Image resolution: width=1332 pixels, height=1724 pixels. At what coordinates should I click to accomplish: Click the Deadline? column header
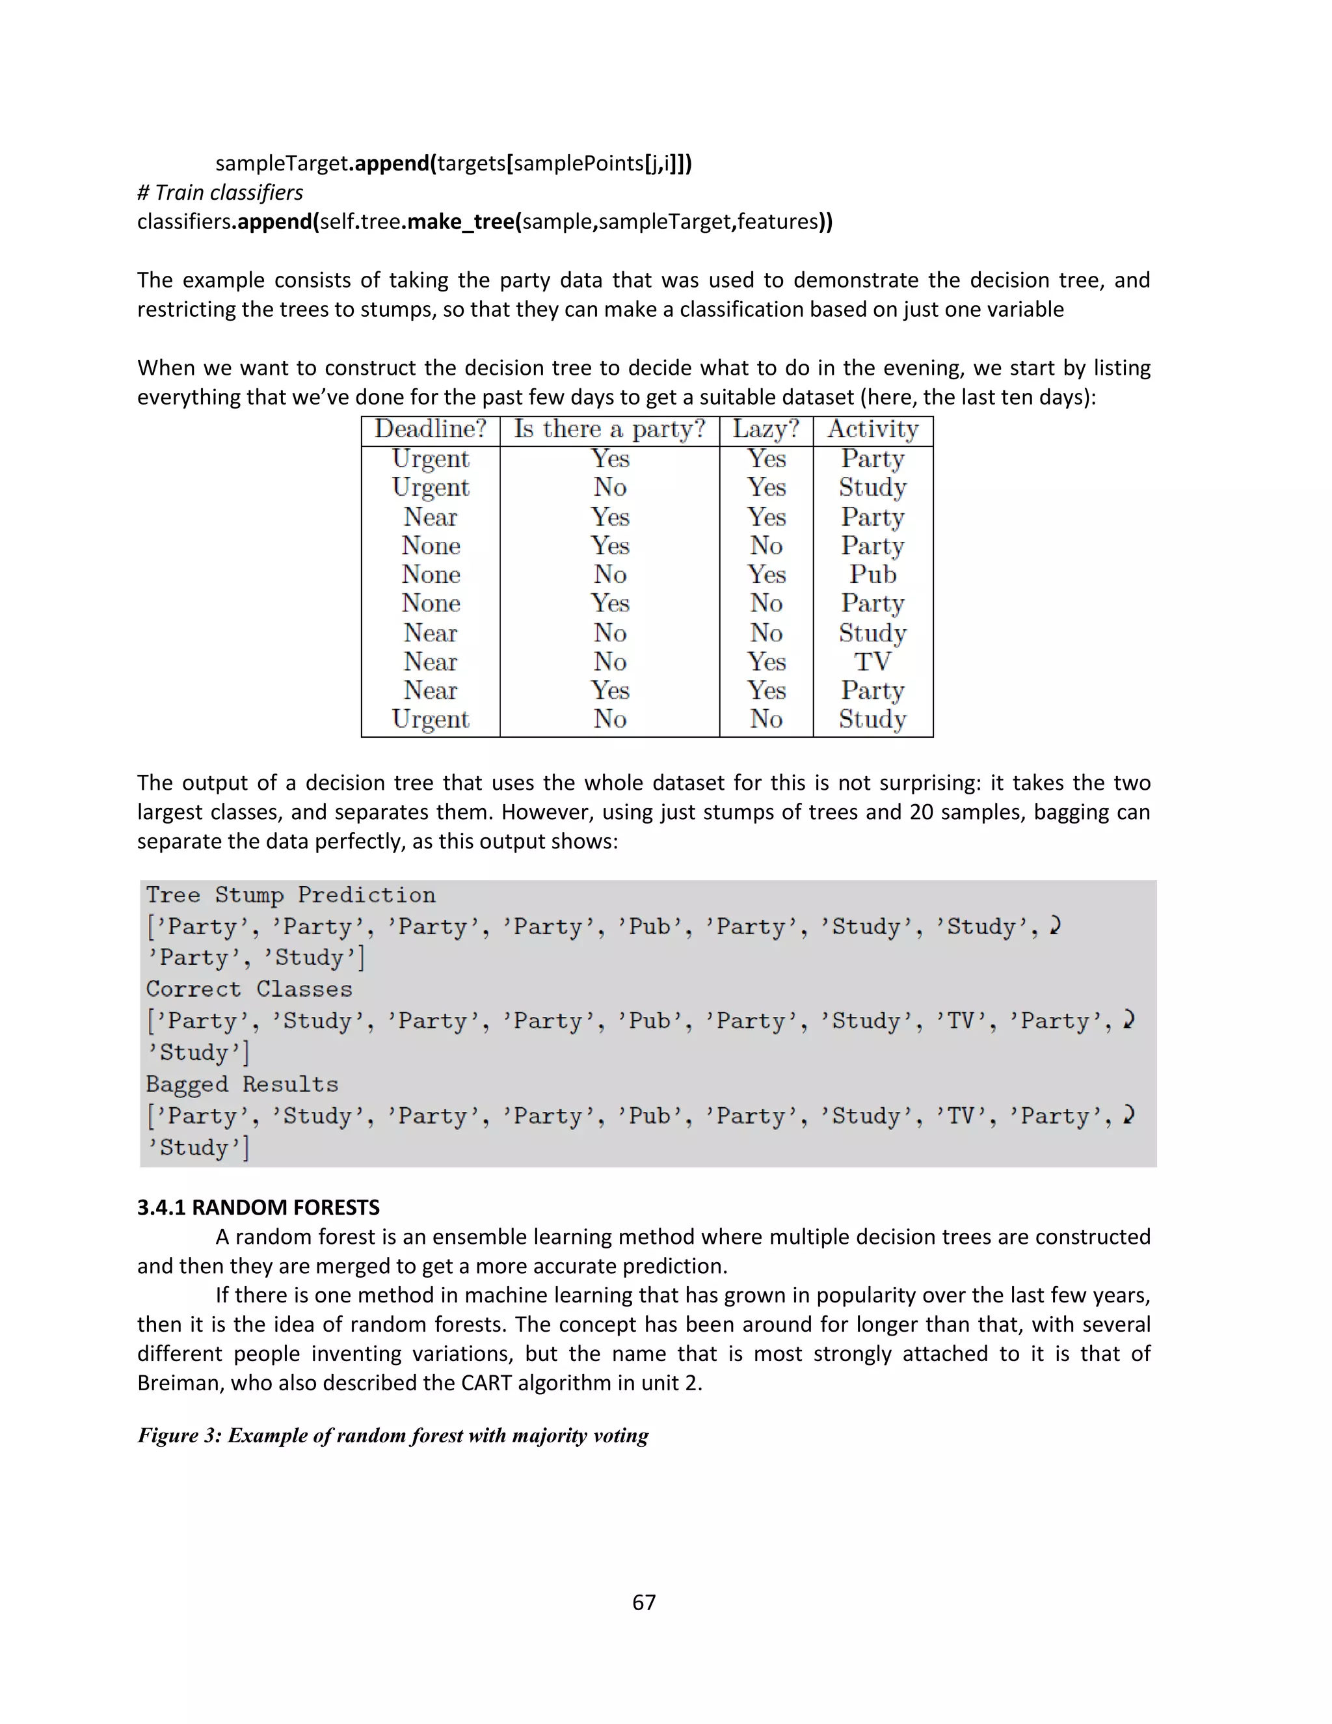(x=430, y=429)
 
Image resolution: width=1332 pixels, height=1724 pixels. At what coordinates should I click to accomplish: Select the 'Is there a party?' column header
(x=609, y=429)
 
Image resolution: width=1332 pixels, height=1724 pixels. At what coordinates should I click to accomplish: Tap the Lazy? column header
(x=766, y=429)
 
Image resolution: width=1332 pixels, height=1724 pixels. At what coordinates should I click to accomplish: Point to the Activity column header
(x=873, y=429)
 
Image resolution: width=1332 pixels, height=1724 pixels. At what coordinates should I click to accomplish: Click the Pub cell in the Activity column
(x=873, y=574)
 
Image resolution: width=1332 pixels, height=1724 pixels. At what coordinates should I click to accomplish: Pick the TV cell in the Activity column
(x=873, y=662)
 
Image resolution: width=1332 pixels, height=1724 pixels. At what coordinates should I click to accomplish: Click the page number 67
(x=644, y=1602)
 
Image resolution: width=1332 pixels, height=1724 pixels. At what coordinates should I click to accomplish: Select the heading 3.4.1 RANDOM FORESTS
(x=258, y=1207)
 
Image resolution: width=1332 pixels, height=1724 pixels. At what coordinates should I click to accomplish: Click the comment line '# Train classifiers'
(x=220, y=193)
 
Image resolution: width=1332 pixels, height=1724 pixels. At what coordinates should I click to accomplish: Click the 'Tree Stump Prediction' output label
(x=290, y=895)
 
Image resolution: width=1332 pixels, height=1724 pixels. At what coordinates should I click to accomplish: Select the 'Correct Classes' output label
(x=248, y=989)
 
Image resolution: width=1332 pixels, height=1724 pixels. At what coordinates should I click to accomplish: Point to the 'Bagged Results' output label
(x=241, y=1084)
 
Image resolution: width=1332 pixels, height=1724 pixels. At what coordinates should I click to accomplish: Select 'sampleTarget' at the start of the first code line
(x=282, y=163)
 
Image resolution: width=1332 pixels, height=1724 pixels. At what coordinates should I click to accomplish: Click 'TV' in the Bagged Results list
(x=961, y=1116)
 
